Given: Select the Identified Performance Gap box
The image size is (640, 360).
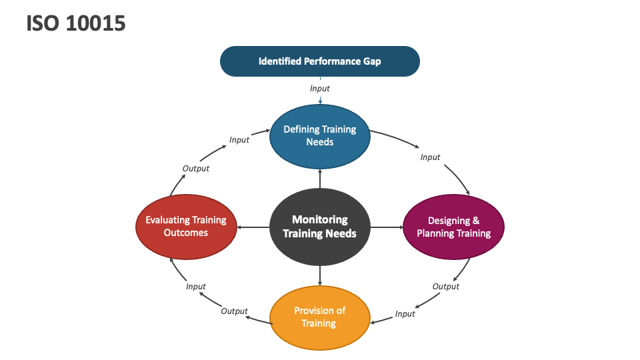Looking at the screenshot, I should pyautogui.click(x=320, y=61).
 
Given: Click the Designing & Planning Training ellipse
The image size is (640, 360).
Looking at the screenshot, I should pyautogui.click(x=453, y=227).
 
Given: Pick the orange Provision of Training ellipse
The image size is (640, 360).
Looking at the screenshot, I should pyautogui.click(x=320, y=317).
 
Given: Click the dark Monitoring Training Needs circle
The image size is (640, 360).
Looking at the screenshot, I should pyautogui.click(x=320, y=227).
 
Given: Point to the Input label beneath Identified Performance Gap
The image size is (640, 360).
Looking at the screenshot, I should pyautogui.click(x=320, y=88).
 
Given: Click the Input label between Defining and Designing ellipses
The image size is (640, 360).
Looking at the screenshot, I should pyautogui.click(x=430, y=157).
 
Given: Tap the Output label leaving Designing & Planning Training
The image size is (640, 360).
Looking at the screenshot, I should pyautogui.click(x=446, y=287).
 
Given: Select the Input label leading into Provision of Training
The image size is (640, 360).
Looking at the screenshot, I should pyautogui.click(x=405, y=314).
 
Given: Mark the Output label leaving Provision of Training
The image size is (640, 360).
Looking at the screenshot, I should pyautogui.click(x=234, y=311).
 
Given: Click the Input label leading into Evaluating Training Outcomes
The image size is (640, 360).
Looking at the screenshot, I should pyautogui.click(x=196, y=287).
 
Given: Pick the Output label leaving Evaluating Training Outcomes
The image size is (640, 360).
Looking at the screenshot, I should pyautogui.click(x=196, y=169).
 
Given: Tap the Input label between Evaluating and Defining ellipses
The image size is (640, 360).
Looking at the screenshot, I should pyautogui.click(x=239, y=140).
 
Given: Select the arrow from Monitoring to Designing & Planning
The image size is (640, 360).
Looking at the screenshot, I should pyautogui.click(x=387, y=227).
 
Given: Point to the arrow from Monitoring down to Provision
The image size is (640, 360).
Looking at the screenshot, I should pyautogui.click(x=320, y=275).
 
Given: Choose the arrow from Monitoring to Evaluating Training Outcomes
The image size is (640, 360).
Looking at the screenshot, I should pyautogui.click(x=253, y=227).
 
